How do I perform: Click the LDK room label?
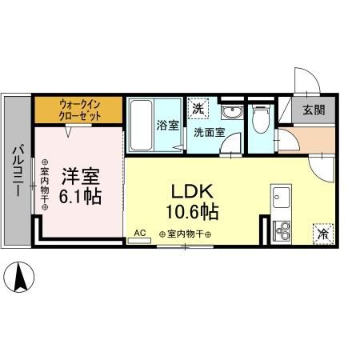(189, 193)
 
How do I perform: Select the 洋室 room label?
(82, 174)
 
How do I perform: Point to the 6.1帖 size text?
(81, 195)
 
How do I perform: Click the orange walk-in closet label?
(78, 107)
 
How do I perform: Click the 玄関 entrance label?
(313, 110)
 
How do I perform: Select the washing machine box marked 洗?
(197, 107)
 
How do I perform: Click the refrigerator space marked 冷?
(322, 234)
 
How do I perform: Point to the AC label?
(139, 234)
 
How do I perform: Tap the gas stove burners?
(282, 232)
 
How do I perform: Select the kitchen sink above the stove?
(282, 196)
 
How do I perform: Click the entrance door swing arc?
(308, 80)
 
